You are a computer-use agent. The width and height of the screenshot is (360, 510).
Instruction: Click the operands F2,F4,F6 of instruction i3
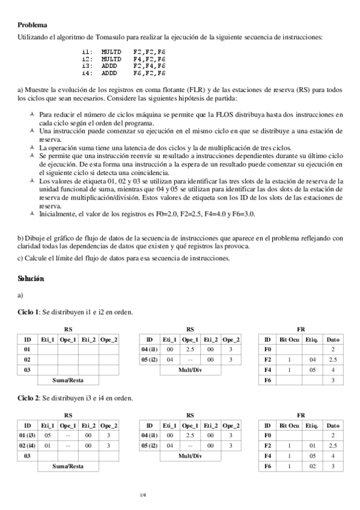(x=149, y=66)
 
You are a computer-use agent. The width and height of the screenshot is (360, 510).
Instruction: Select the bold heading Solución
(x=31, y=279)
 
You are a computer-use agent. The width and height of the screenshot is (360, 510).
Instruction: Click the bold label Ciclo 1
(x=28, y=312)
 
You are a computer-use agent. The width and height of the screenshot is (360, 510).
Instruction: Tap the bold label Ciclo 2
(x=28, y=398)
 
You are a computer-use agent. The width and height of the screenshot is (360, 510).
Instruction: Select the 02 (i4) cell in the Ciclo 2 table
(x=27, y=446)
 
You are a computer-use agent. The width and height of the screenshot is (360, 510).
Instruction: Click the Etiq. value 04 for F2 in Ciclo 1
(x=311, y=360)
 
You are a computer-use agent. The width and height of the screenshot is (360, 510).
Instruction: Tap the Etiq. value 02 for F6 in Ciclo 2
(x=311, y=467)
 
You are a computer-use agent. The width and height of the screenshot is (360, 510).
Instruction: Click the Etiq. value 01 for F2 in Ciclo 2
(x=311, y=446)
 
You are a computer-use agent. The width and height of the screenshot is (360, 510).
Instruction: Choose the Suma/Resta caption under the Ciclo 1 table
(x=68, y=381)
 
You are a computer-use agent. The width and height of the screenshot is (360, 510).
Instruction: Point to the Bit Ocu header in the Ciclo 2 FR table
(x=289, y=425)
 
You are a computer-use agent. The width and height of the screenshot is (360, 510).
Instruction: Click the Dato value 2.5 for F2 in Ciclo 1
(x=333, y=360)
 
